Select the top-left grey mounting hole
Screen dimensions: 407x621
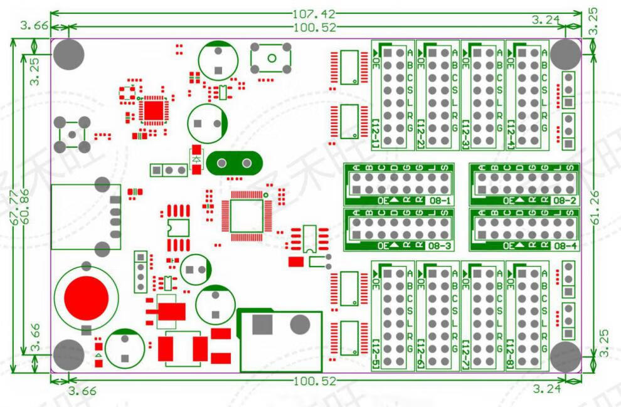coord(68,54)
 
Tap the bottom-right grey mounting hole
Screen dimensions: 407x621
coord(566,356)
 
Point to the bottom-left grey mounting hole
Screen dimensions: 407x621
coord(68,355)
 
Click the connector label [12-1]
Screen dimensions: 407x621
coord(376,133)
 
